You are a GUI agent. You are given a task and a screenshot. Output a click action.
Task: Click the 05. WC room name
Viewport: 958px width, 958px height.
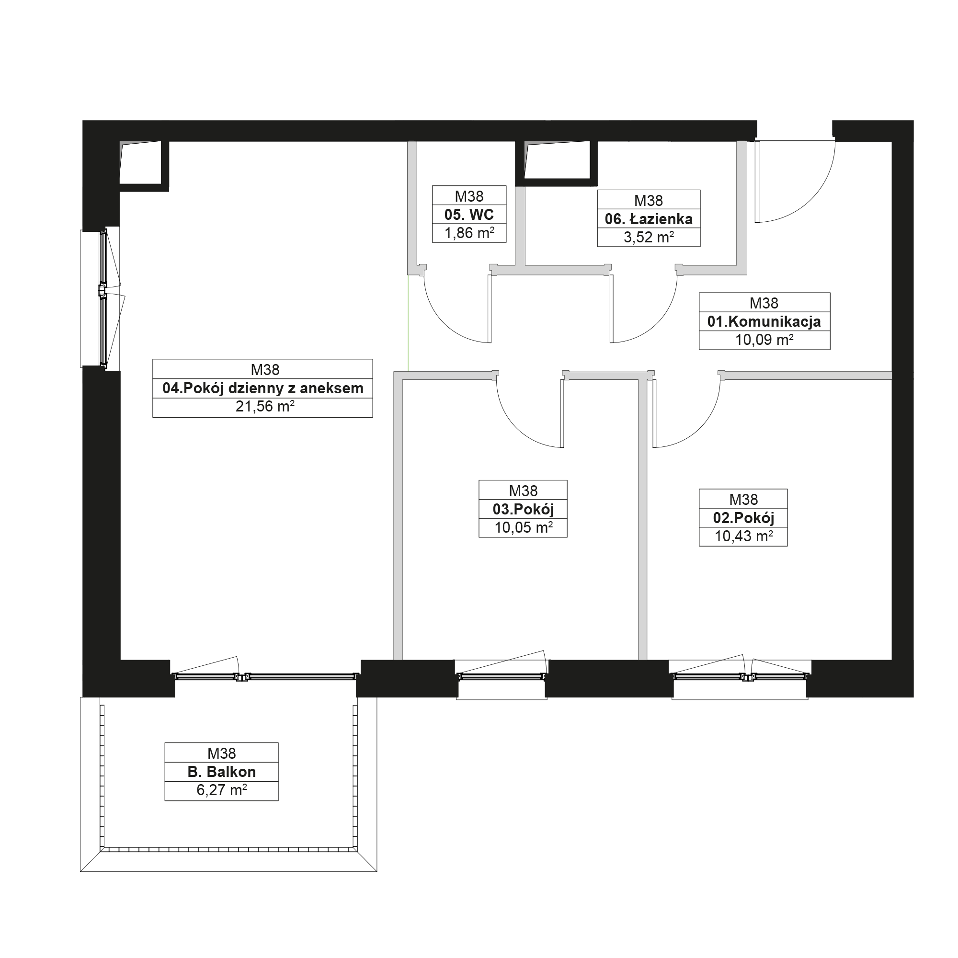468,215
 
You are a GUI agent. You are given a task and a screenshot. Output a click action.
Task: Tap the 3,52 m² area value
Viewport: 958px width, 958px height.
648,238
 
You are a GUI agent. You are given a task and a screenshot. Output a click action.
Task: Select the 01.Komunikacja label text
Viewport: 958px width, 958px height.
764,321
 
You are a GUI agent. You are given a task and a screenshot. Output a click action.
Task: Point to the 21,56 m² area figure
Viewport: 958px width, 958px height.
265,407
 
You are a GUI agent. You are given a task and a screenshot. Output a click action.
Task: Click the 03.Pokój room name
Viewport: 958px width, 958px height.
523,509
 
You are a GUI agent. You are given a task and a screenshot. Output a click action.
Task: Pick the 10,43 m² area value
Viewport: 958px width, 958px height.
743,536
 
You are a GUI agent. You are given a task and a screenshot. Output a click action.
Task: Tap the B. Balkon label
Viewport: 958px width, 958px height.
222,772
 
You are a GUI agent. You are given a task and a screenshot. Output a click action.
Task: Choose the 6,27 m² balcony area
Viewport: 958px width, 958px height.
222,790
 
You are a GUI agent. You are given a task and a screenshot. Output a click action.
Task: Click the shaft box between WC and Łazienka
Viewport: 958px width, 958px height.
556,163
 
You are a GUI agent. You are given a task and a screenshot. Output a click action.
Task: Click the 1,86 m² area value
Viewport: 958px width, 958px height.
469,233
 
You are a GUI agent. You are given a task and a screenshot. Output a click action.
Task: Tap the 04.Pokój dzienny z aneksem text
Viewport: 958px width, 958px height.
263,388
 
